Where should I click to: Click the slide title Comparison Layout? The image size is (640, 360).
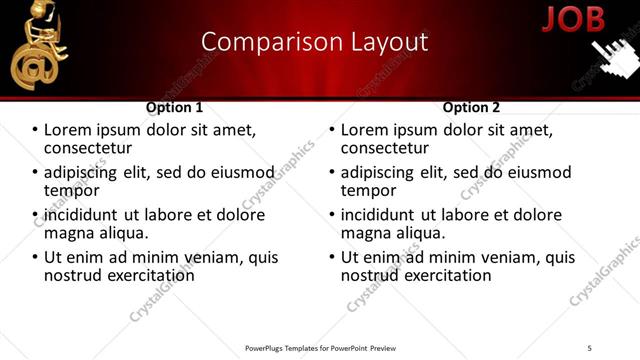pyautogui.click(x=314, y=42)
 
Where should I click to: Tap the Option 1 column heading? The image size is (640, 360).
pyautogui.click(x=174, y=107)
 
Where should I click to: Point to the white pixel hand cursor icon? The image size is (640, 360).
pyautogui.click(x=612, y=57)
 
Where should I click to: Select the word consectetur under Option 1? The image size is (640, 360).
pyautogui.click(x=90, y=148)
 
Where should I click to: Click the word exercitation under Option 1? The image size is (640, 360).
pyautogui.click(x=146, y=274)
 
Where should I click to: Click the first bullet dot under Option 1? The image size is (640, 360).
pyautogui.click(x=35, y=131)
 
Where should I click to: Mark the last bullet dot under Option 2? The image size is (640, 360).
pyautogui.click(x=332, y=257)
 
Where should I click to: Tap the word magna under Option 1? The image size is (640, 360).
pyautogui.click(x=68, y=232)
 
